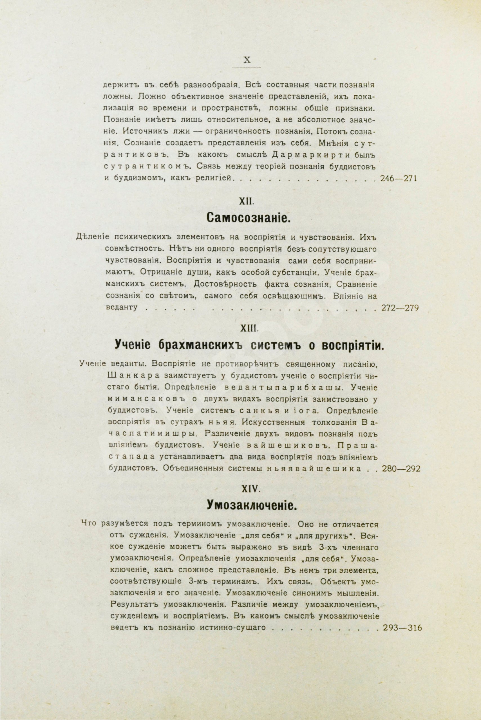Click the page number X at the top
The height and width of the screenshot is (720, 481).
click(x=247, y=60)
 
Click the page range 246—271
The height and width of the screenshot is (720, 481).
click(x=398, y=178)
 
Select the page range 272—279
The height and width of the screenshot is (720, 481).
click(x=400, y=308)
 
